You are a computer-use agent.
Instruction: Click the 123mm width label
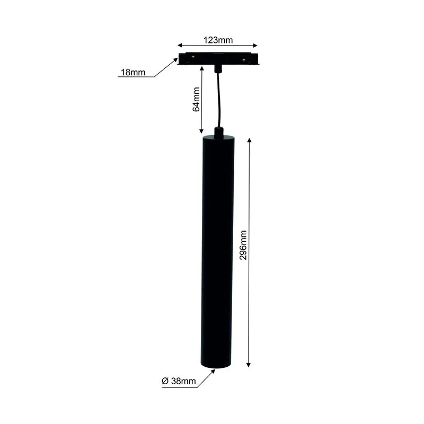pyautogui.click(x=218, y=40)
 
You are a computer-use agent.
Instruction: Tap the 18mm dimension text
pyautogui.click(x=132, y=73)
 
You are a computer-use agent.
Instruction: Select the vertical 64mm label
pyautogui.click(x=196, y=100)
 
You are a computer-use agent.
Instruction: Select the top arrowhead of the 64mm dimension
pyautogui.click(x=201, y=68)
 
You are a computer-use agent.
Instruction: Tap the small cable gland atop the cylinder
pyautogui.click(x=218, y=130)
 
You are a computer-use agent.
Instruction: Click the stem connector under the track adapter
pyautogui.click(x=218, y=67)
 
